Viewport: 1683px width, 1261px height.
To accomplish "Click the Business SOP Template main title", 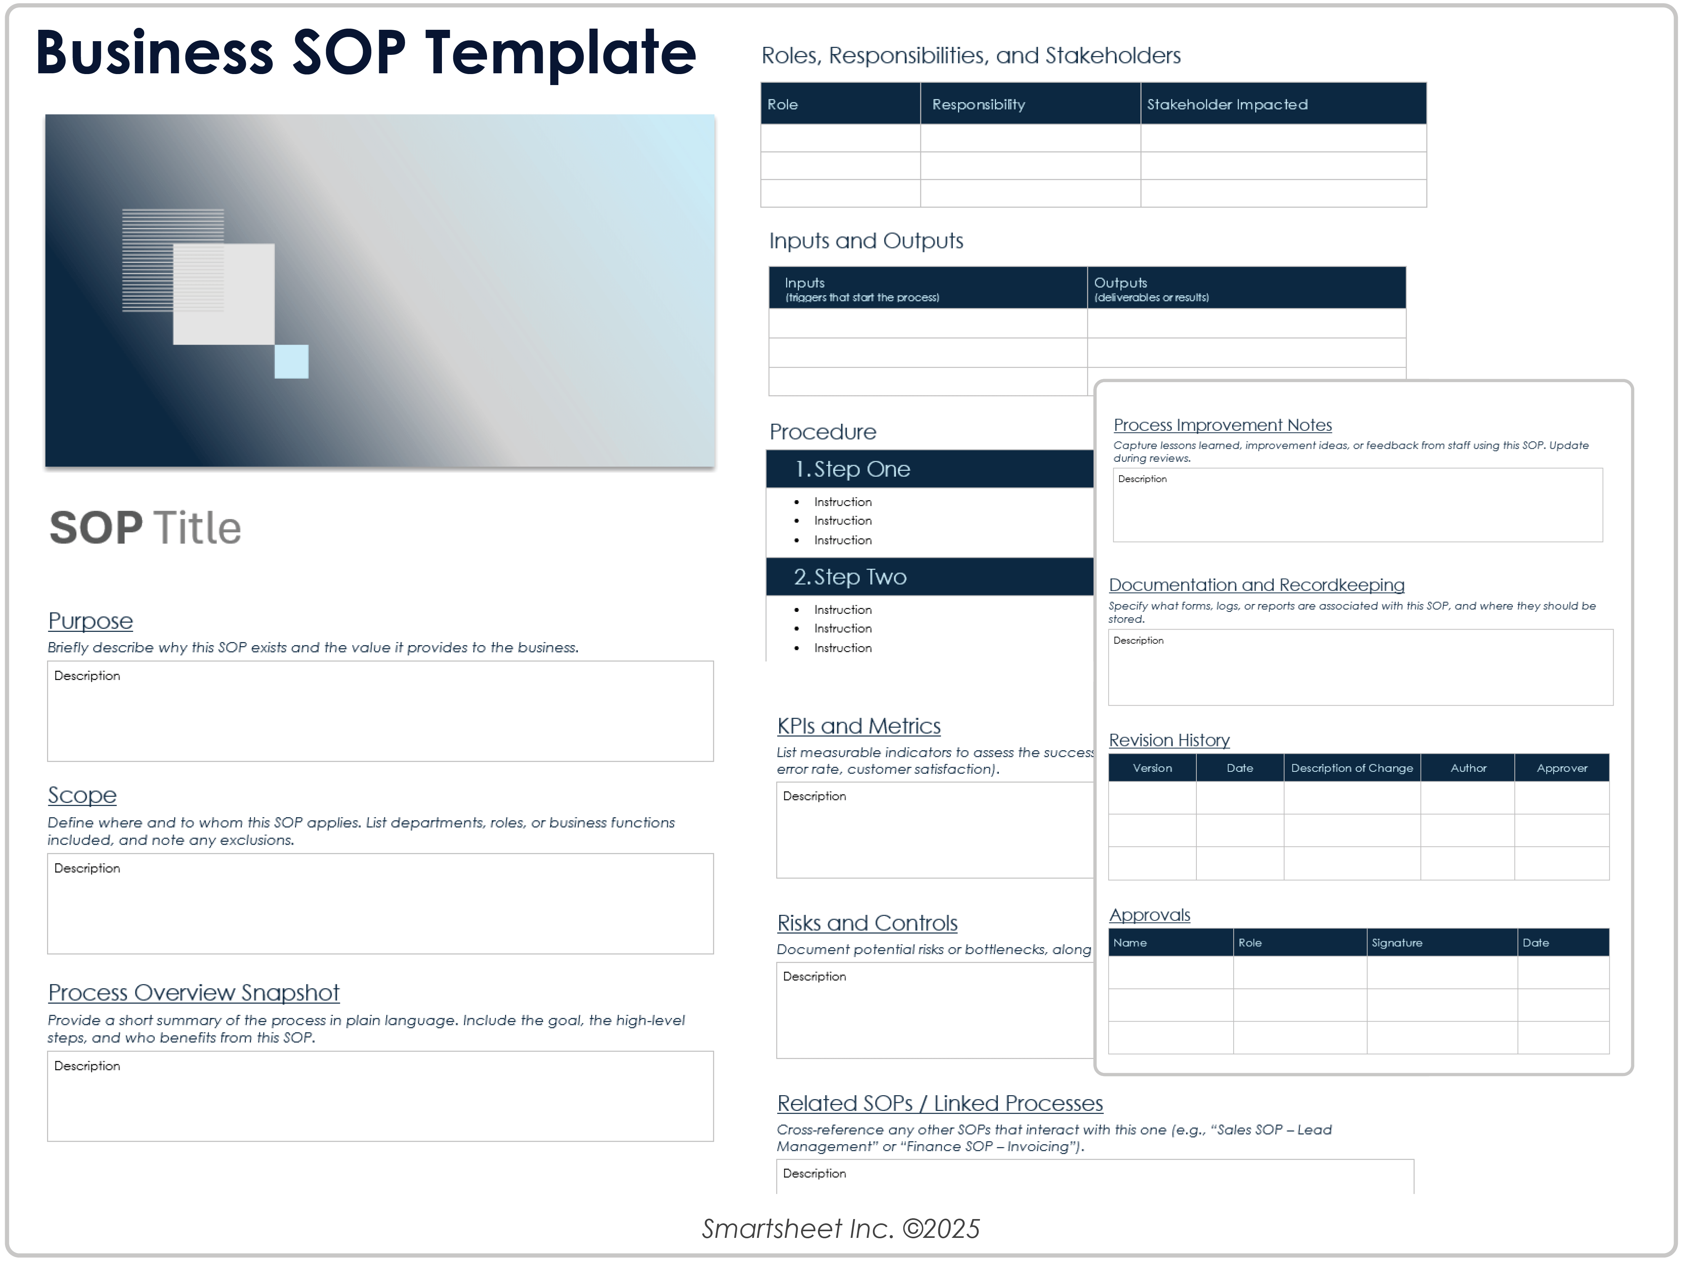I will click(365, 53).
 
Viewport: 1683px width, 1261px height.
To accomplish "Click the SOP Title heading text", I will click(145, 528).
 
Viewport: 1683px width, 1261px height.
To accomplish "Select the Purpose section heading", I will click(91, 621).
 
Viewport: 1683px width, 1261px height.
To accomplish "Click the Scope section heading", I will click(82, 796).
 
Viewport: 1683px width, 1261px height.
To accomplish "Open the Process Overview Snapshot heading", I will click(193, 993).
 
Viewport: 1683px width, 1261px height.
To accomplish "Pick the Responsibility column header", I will click(978, 104).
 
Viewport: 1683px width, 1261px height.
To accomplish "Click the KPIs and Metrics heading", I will click(858, 726).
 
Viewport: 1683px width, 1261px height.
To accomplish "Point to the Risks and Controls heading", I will click(867, 924).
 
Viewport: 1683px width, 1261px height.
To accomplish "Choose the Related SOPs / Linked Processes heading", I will click(940, 1103).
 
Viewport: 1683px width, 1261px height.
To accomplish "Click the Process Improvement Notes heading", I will click(1222, 425).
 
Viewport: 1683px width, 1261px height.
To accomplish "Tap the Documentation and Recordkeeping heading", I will click(1256, 585).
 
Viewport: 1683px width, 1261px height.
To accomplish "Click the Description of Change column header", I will click(1351, 768).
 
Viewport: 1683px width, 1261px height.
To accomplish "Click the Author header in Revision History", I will click(1468, 768).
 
